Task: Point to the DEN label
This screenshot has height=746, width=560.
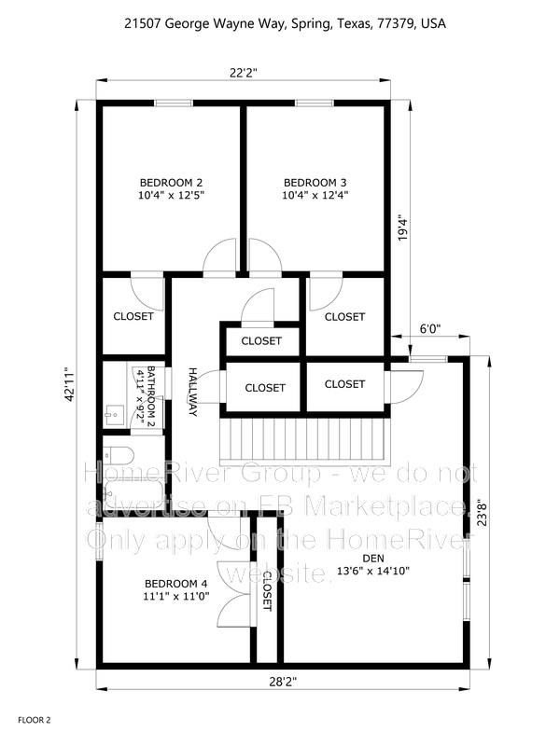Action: point(373,559)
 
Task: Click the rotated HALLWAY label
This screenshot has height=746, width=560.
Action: point(193,392)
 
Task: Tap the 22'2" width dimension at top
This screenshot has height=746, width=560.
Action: point(244,73)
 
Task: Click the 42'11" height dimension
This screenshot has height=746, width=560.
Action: point(70,383)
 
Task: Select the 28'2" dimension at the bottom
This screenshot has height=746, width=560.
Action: point(283,682)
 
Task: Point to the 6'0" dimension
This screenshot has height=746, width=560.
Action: point(430,328)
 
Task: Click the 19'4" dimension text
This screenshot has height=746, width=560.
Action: point(403,229)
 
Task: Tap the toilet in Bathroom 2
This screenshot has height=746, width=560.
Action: point(118,456)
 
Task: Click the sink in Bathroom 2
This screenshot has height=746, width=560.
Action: point(114,414)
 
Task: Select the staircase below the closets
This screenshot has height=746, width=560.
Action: point(305,441)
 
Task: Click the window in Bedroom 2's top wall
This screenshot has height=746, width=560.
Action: point(174,103)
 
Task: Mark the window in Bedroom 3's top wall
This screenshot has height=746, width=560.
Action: point(315,103)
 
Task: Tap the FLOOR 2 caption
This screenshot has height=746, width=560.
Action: point(35,720)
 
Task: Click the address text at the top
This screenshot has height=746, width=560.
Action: point(286,23)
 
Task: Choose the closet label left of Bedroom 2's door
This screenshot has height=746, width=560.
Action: point(133,316)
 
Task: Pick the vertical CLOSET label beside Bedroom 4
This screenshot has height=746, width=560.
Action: point(267,591)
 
